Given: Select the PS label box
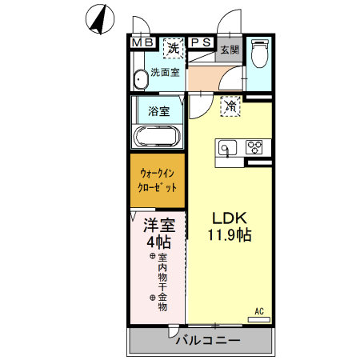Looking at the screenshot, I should tap(201, 42).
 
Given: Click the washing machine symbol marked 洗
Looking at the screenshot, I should tap(173, 48).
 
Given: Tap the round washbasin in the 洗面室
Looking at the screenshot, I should tap(142, 78).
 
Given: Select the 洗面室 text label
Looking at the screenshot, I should tap(167, 73).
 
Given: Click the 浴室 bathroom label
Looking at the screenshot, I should tap(159, 111).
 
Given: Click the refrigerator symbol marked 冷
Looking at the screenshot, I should tap(230, 106).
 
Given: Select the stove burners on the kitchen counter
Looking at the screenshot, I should tap(255, 147).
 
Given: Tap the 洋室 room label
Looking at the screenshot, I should tap(159, 225).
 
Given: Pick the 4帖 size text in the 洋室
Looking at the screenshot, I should tap(159, 242).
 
